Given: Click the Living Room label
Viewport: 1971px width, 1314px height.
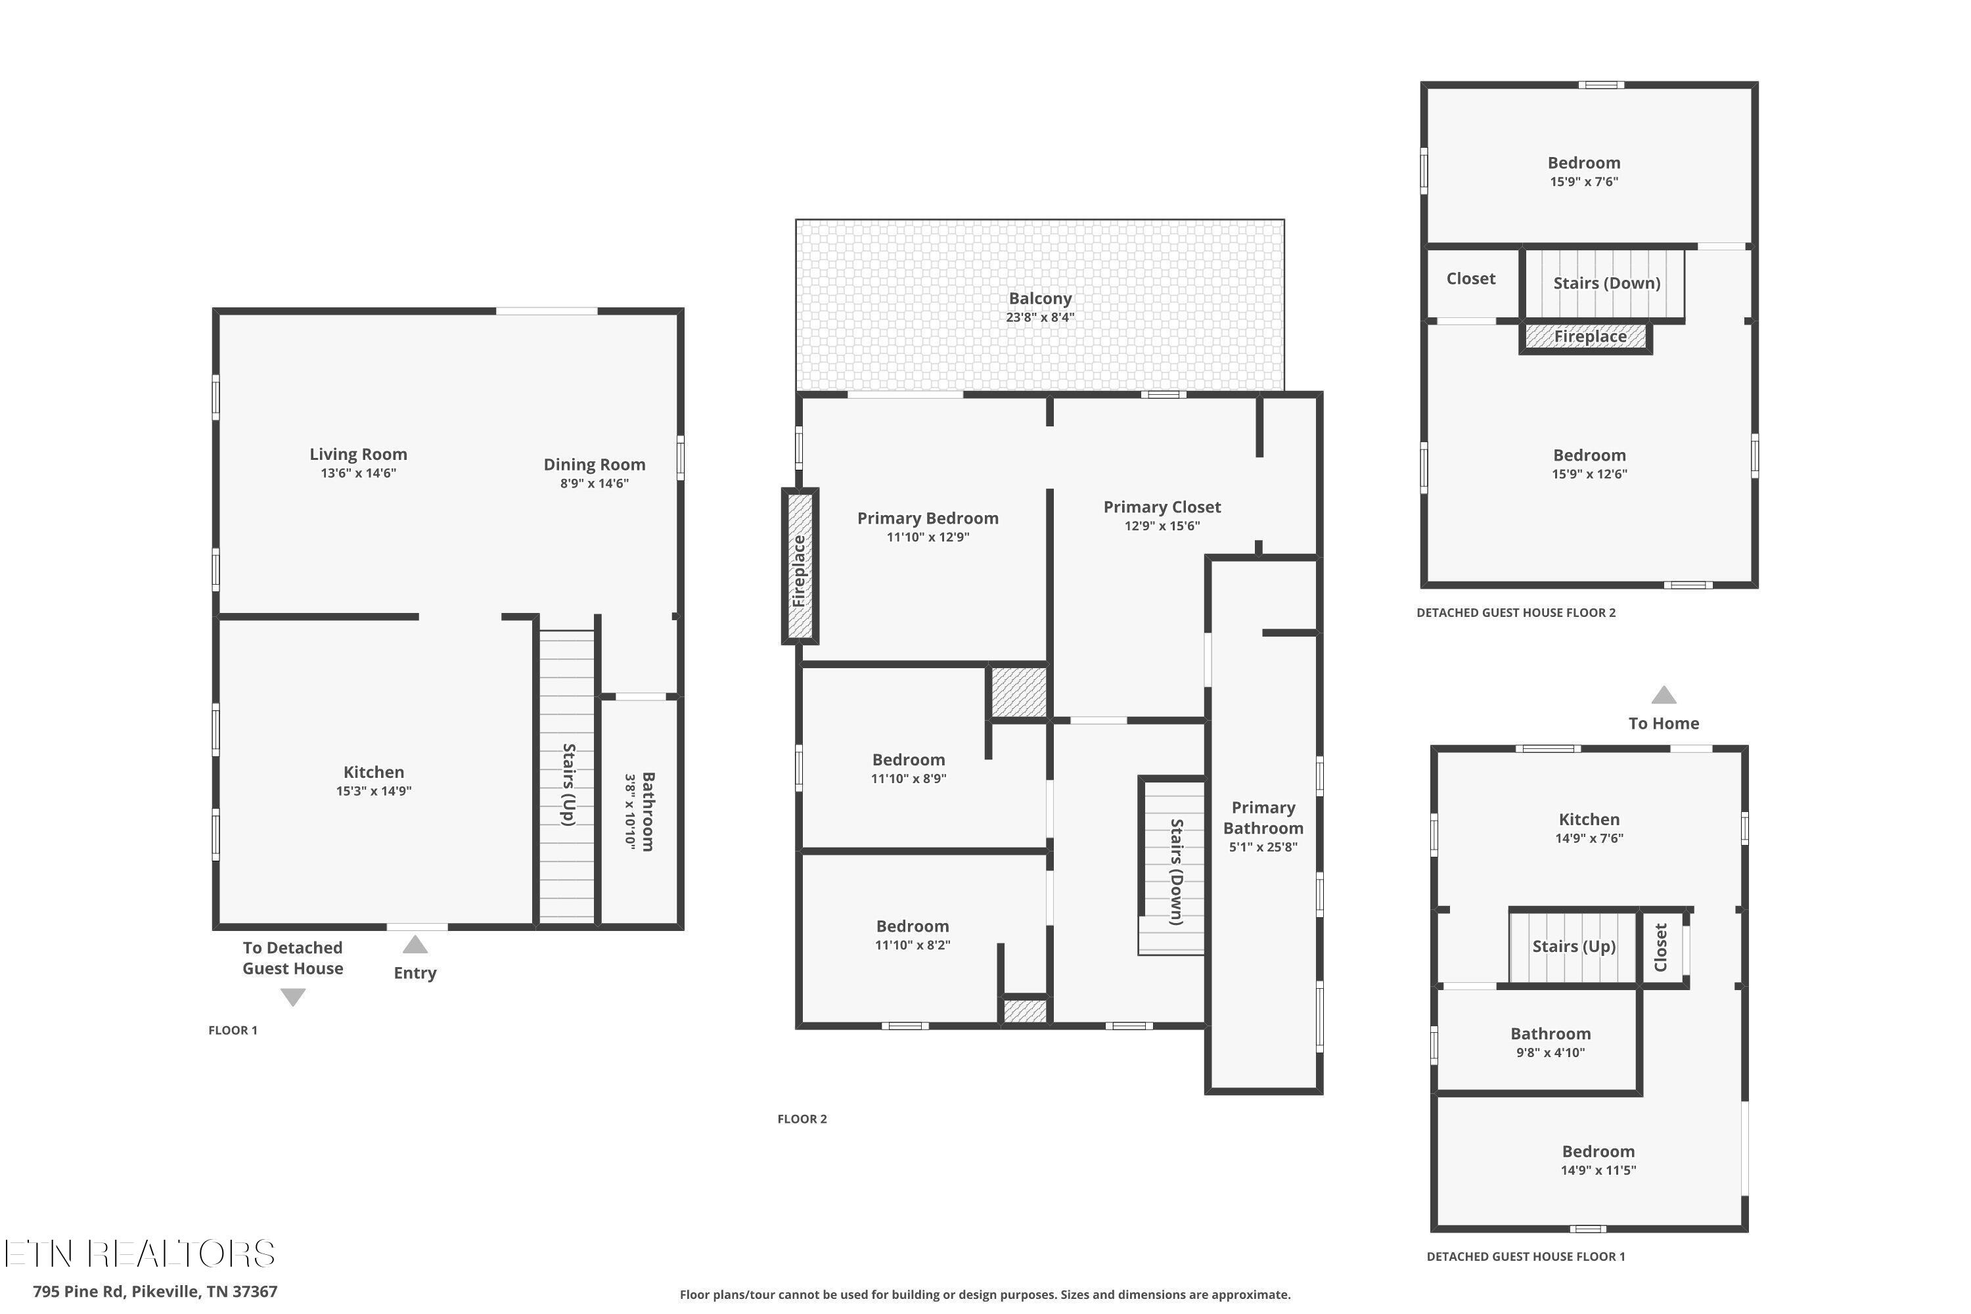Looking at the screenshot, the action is click(x=358, y=454).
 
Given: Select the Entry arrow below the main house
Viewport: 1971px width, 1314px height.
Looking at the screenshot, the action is click(x=415, y=945).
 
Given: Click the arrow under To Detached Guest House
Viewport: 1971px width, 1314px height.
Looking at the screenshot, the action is click(x=292, y=997).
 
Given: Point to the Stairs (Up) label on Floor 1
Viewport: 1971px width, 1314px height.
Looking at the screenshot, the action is click(x=568, y=784).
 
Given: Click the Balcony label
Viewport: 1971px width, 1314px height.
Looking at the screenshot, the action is click(x=1040, y=298).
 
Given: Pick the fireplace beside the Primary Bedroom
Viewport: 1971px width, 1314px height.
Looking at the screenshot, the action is click(x=800, y=566).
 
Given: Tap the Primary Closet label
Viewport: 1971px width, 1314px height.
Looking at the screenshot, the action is click(x=1162, y=507).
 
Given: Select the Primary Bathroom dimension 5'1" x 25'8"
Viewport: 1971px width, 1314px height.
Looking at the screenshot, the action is click(x=1263, y=848).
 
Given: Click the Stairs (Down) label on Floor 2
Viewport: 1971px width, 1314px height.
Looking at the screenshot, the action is click(x=1176, y=872).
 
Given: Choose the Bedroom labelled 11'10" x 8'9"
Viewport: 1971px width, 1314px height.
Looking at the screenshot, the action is click(x=909, y=760).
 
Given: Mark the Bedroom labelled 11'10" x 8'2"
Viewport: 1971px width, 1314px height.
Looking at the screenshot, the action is click(x=913, y=926).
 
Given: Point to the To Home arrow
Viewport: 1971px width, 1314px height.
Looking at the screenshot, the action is click(x=1664, y=694).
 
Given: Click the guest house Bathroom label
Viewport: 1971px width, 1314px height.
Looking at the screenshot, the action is click(x=1551, y=1034).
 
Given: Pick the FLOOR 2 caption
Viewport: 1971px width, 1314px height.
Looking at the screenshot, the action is click(x=802, y=1119).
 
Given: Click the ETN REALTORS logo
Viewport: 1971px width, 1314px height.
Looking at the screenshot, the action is click(x=139, y=1254).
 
